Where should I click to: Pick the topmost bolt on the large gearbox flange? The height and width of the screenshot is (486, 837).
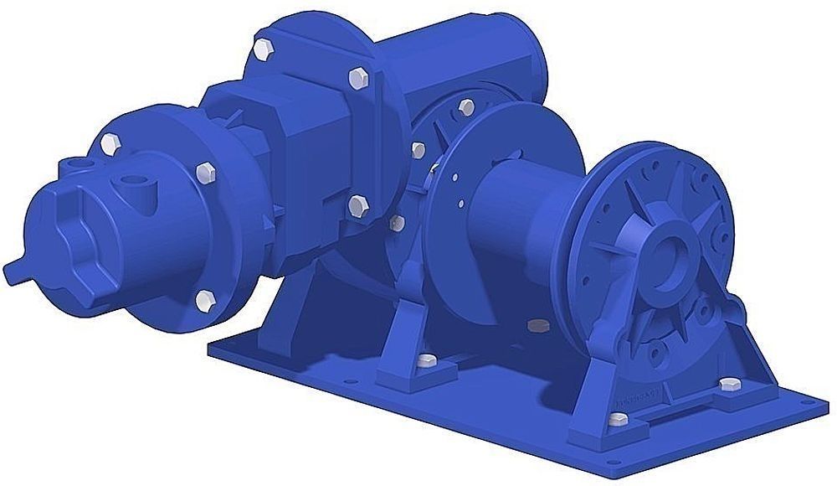point(264,48)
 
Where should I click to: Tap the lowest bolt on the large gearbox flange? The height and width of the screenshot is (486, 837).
point(358,204)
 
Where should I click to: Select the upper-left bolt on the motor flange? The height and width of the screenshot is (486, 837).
point(108,143)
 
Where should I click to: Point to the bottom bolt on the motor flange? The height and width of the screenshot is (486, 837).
point(203,299)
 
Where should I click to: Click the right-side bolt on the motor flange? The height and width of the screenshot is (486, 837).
point(203,172)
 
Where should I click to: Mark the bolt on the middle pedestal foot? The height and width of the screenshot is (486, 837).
point(426,361)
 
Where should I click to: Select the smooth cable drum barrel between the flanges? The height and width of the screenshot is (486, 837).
point(527,218)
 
